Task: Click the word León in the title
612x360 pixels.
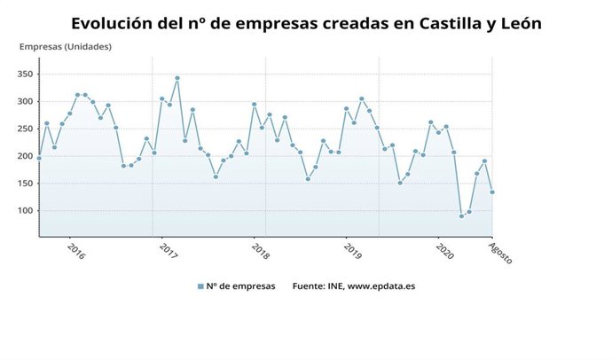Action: point(517,23)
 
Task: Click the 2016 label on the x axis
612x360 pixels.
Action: point(75,252)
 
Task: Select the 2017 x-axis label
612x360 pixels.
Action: point(168,252)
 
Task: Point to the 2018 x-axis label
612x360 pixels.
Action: point(260,252)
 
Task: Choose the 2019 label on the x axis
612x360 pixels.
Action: point(352,252)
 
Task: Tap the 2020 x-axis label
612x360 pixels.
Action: point(444,252)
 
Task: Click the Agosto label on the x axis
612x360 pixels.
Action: point(500,254)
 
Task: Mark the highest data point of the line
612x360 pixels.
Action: point(177,78)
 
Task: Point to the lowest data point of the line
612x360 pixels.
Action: point(461,216)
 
